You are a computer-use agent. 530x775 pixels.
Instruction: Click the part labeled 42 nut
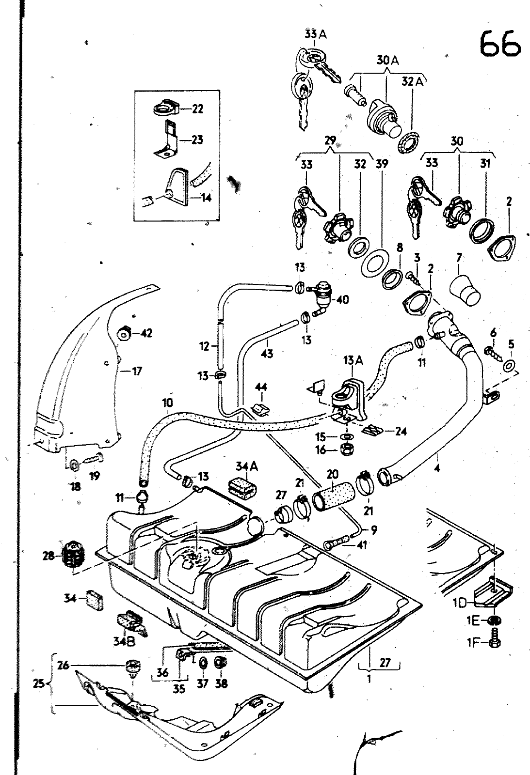coord(124,334)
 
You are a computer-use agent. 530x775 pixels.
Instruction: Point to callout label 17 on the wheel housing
coord(137,372)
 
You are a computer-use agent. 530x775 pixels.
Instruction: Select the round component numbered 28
coord(74,554)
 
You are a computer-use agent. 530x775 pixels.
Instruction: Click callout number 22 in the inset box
coord(197,109)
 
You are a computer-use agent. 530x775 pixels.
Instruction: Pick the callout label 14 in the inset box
coord(207,198)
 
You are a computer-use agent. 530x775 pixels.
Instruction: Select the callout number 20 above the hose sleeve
coord(333,474)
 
